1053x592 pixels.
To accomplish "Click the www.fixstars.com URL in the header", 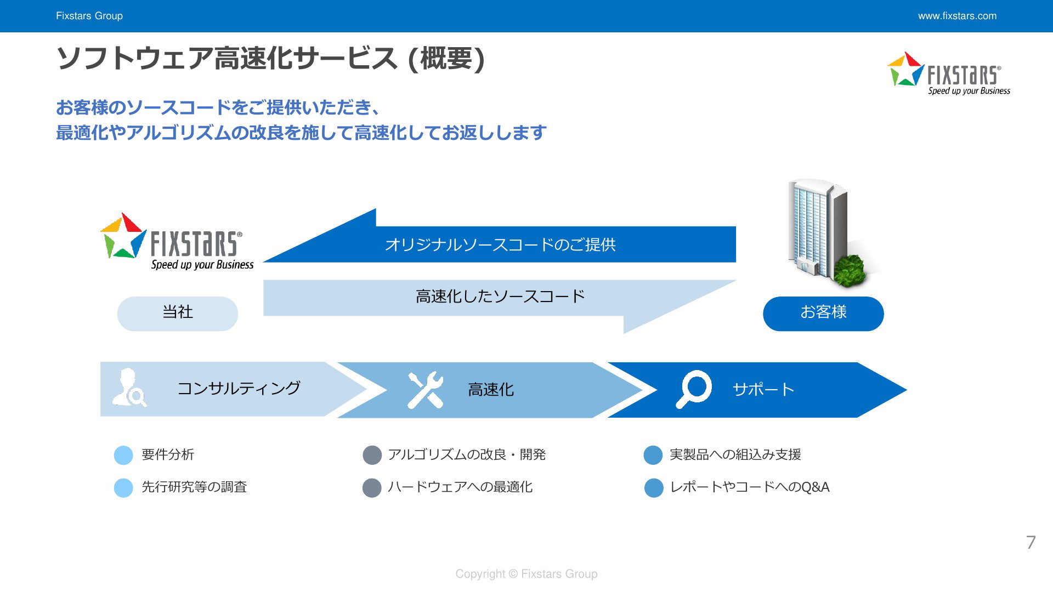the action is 957,16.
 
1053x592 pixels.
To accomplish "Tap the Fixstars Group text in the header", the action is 89,16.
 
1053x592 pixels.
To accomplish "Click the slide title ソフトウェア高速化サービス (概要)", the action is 271,58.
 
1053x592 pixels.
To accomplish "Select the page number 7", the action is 1031,542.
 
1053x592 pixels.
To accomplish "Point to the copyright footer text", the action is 526,574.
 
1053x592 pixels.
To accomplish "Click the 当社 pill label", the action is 178,314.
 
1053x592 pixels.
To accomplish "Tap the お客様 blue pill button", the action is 823,314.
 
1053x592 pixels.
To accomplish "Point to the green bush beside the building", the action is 849,271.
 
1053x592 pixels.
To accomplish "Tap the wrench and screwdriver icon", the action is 426,390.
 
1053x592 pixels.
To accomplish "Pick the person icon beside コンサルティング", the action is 129,388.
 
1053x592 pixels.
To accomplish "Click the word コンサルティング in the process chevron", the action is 239,388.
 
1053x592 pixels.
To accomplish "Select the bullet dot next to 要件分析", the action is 123,456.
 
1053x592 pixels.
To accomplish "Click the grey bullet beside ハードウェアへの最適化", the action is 372,488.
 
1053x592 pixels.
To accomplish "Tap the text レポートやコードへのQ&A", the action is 750,487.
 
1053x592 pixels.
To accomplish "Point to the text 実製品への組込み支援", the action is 735,454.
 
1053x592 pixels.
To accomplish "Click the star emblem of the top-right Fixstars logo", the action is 905,69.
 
